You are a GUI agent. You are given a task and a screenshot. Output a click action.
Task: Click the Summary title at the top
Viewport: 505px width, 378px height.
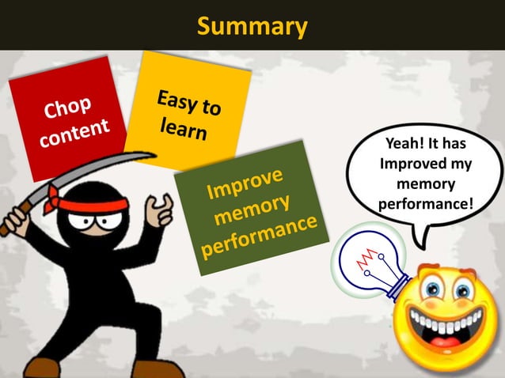coord(252,26)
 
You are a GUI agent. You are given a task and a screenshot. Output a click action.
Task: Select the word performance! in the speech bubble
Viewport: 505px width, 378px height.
coord(427,203)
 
